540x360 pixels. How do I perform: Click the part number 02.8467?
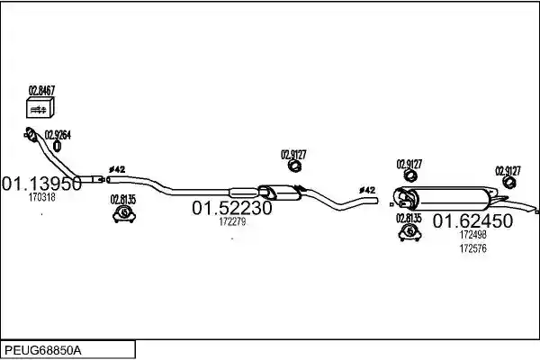point(41,91)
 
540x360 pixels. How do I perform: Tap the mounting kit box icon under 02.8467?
point(40,107)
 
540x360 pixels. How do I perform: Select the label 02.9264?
point(58,135)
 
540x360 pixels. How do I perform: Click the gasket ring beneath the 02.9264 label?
point(58,146)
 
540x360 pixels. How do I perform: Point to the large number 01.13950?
point(41,184)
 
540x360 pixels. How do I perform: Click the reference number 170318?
point(41,197)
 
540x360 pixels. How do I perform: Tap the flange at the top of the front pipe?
point(31,134)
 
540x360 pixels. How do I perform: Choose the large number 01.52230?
point(232,208)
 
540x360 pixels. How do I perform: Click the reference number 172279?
point(232,222)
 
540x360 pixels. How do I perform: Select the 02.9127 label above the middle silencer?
point(293,155)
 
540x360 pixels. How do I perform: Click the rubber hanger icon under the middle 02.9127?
point(294,166)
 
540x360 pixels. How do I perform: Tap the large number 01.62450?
point(472,220)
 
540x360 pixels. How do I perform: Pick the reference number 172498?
point(472,235)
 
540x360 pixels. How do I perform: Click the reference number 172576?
point(472,248)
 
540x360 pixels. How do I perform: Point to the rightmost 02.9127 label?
point(508,171)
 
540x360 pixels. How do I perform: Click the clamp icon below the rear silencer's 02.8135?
point(410,232)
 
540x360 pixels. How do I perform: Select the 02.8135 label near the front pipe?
point(123,200)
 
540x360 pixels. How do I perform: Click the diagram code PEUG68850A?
point(43,351)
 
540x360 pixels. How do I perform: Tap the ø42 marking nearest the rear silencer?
point(367,190)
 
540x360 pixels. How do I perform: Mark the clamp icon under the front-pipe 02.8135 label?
point(124,214)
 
